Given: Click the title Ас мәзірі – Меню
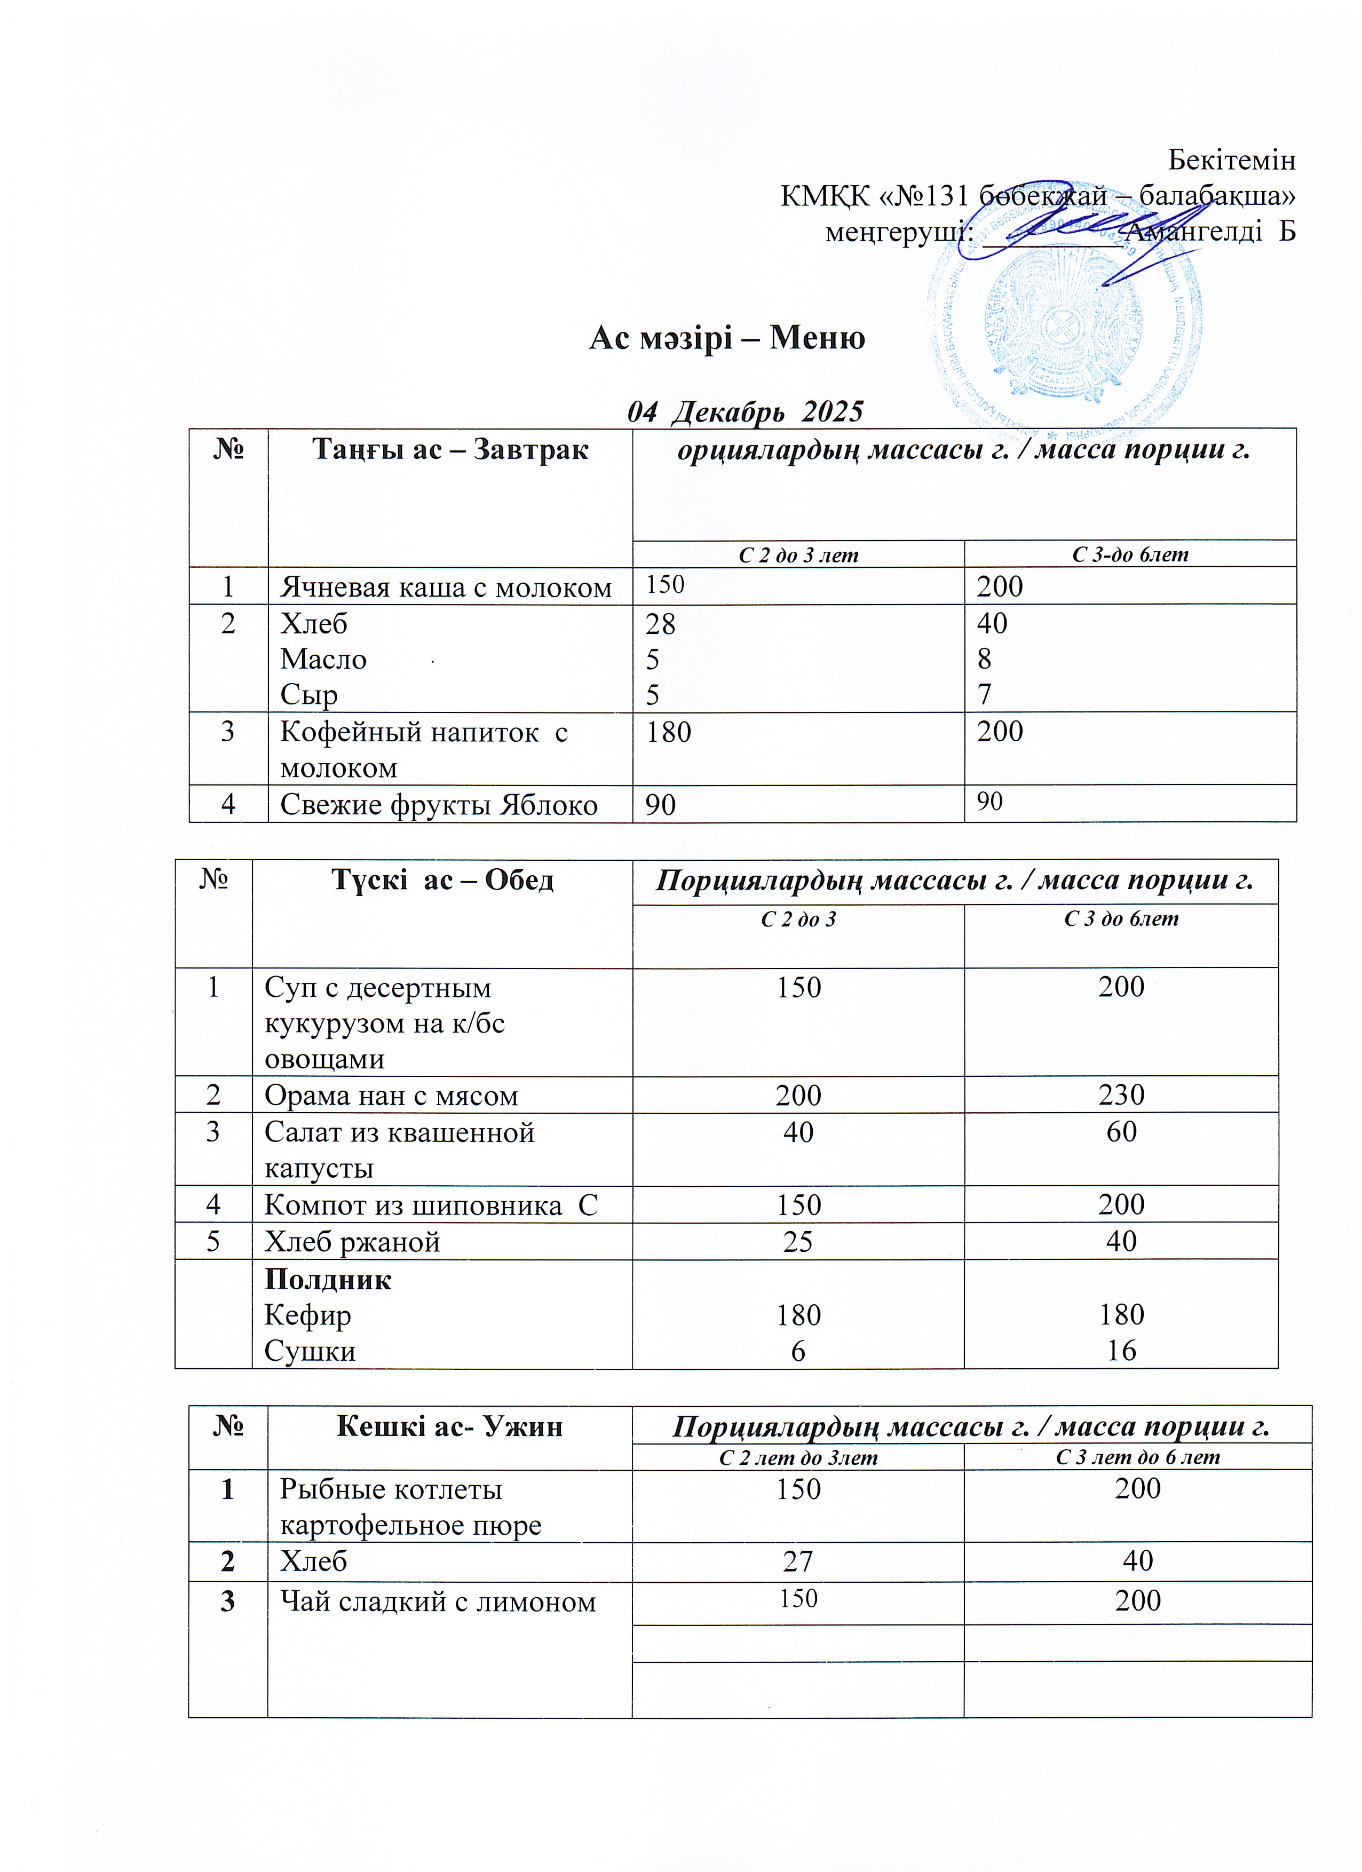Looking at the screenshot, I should pos(726,338).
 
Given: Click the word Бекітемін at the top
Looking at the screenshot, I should pos(1232,160).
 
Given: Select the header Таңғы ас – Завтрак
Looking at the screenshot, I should pos(450,450).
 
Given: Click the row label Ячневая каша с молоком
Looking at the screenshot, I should pos(446,587).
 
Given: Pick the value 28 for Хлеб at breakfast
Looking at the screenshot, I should pos(660,623).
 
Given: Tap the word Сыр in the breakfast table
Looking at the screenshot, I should pos(308,694).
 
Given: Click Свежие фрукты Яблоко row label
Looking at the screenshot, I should pos(438,804).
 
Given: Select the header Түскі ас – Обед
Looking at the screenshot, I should pos(442,880).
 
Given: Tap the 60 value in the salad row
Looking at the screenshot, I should pos(1121,1132).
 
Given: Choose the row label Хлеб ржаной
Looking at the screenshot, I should pos(352,1241).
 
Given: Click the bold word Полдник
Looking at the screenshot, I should pos(328,1279).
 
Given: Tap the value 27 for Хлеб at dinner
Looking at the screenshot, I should pos(798,1561).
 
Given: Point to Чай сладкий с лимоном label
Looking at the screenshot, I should pos(438,1602).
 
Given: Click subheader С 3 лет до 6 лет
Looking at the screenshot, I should pos(1137,1457).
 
